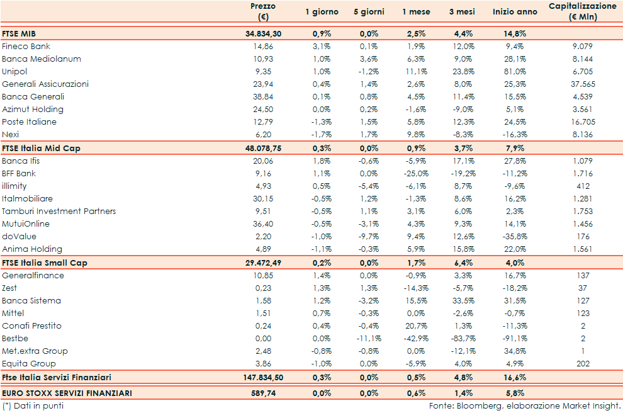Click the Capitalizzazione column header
pos(582,11)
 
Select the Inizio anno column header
pos(515,12)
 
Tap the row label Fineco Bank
pos(26,47)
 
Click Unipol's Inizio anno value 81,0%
pos(515,72)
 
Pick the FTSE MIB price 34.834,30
pos(263,34)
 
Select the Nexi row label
pos(11,135)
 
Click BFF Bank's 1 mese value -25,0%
pos(417,174)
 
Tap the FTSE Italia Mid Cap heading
pos(42,149)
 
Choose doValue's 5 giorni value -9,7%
pos(369,237)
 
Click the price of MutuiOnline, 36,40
pos(263,224)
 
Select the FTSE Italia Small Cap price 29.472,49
pos(263,263)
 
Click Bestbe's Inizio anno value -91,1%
pos(515,339)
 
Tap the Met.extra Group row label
pos(35,351)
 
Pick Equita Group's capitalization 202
pos(583,364)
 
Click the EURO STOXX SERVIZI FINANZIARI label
pos(67,393)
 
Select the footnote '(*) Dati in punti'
pos(33,406)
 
